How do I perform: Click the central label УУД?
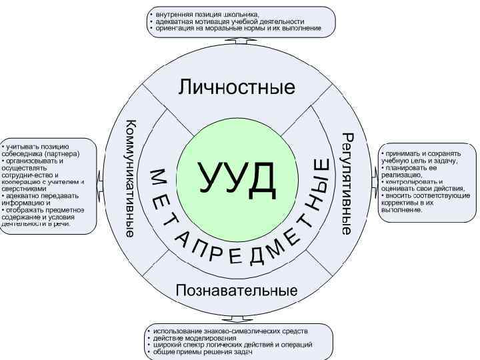[x=237, y=177]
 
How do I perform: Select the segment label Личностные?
[x=237, y=87]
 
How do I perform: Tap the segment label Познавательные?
[x=237, y=291]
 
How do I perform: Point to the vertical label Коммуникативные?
[x=131, y=178]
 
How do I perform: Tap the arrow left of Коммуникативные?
[x=99, y=179]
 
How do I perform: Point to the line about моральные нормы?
[x=237, y=29]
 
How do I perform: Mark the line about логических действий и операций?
[x=233, y=345]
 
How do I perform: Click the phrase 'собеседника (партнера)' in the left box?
[x=40, y=153]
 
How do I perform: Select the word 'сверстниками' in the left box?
[x=23, y=188]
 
